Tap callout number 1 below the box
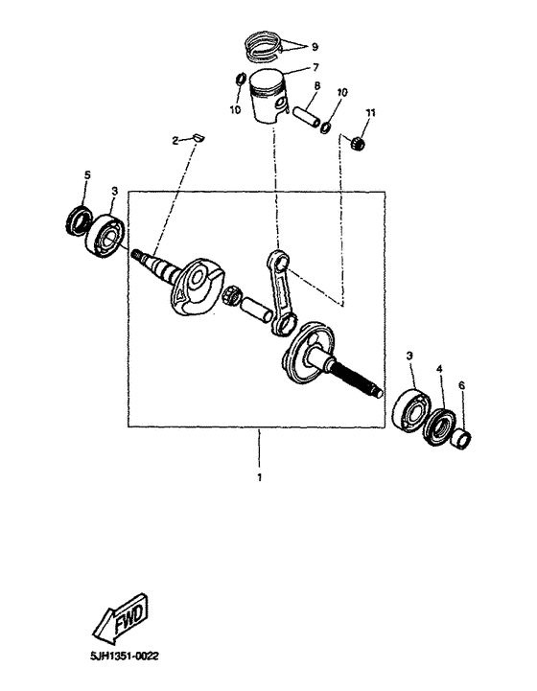coord(257,475)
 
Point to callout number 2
coord(175,141)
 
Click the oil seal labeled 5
coord(78,220)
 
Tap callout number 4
coord(440,368)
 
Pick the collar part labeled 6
coord(461,439)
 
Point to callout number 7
coord(315,68)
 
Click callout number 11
coord(370,114)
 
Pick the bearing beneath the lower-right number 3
coord(408,406)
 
